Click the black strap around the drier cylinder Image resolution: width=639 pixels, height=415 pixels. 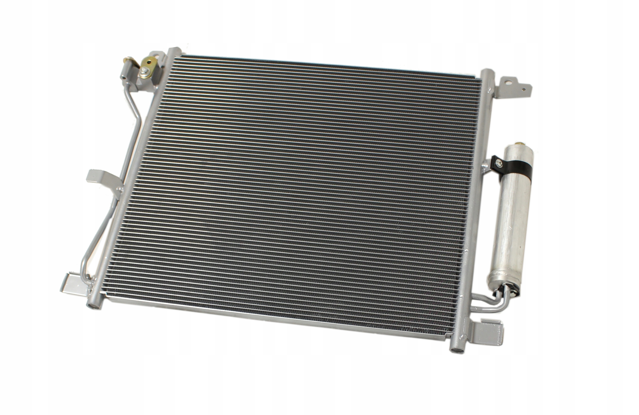(513, 172)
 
